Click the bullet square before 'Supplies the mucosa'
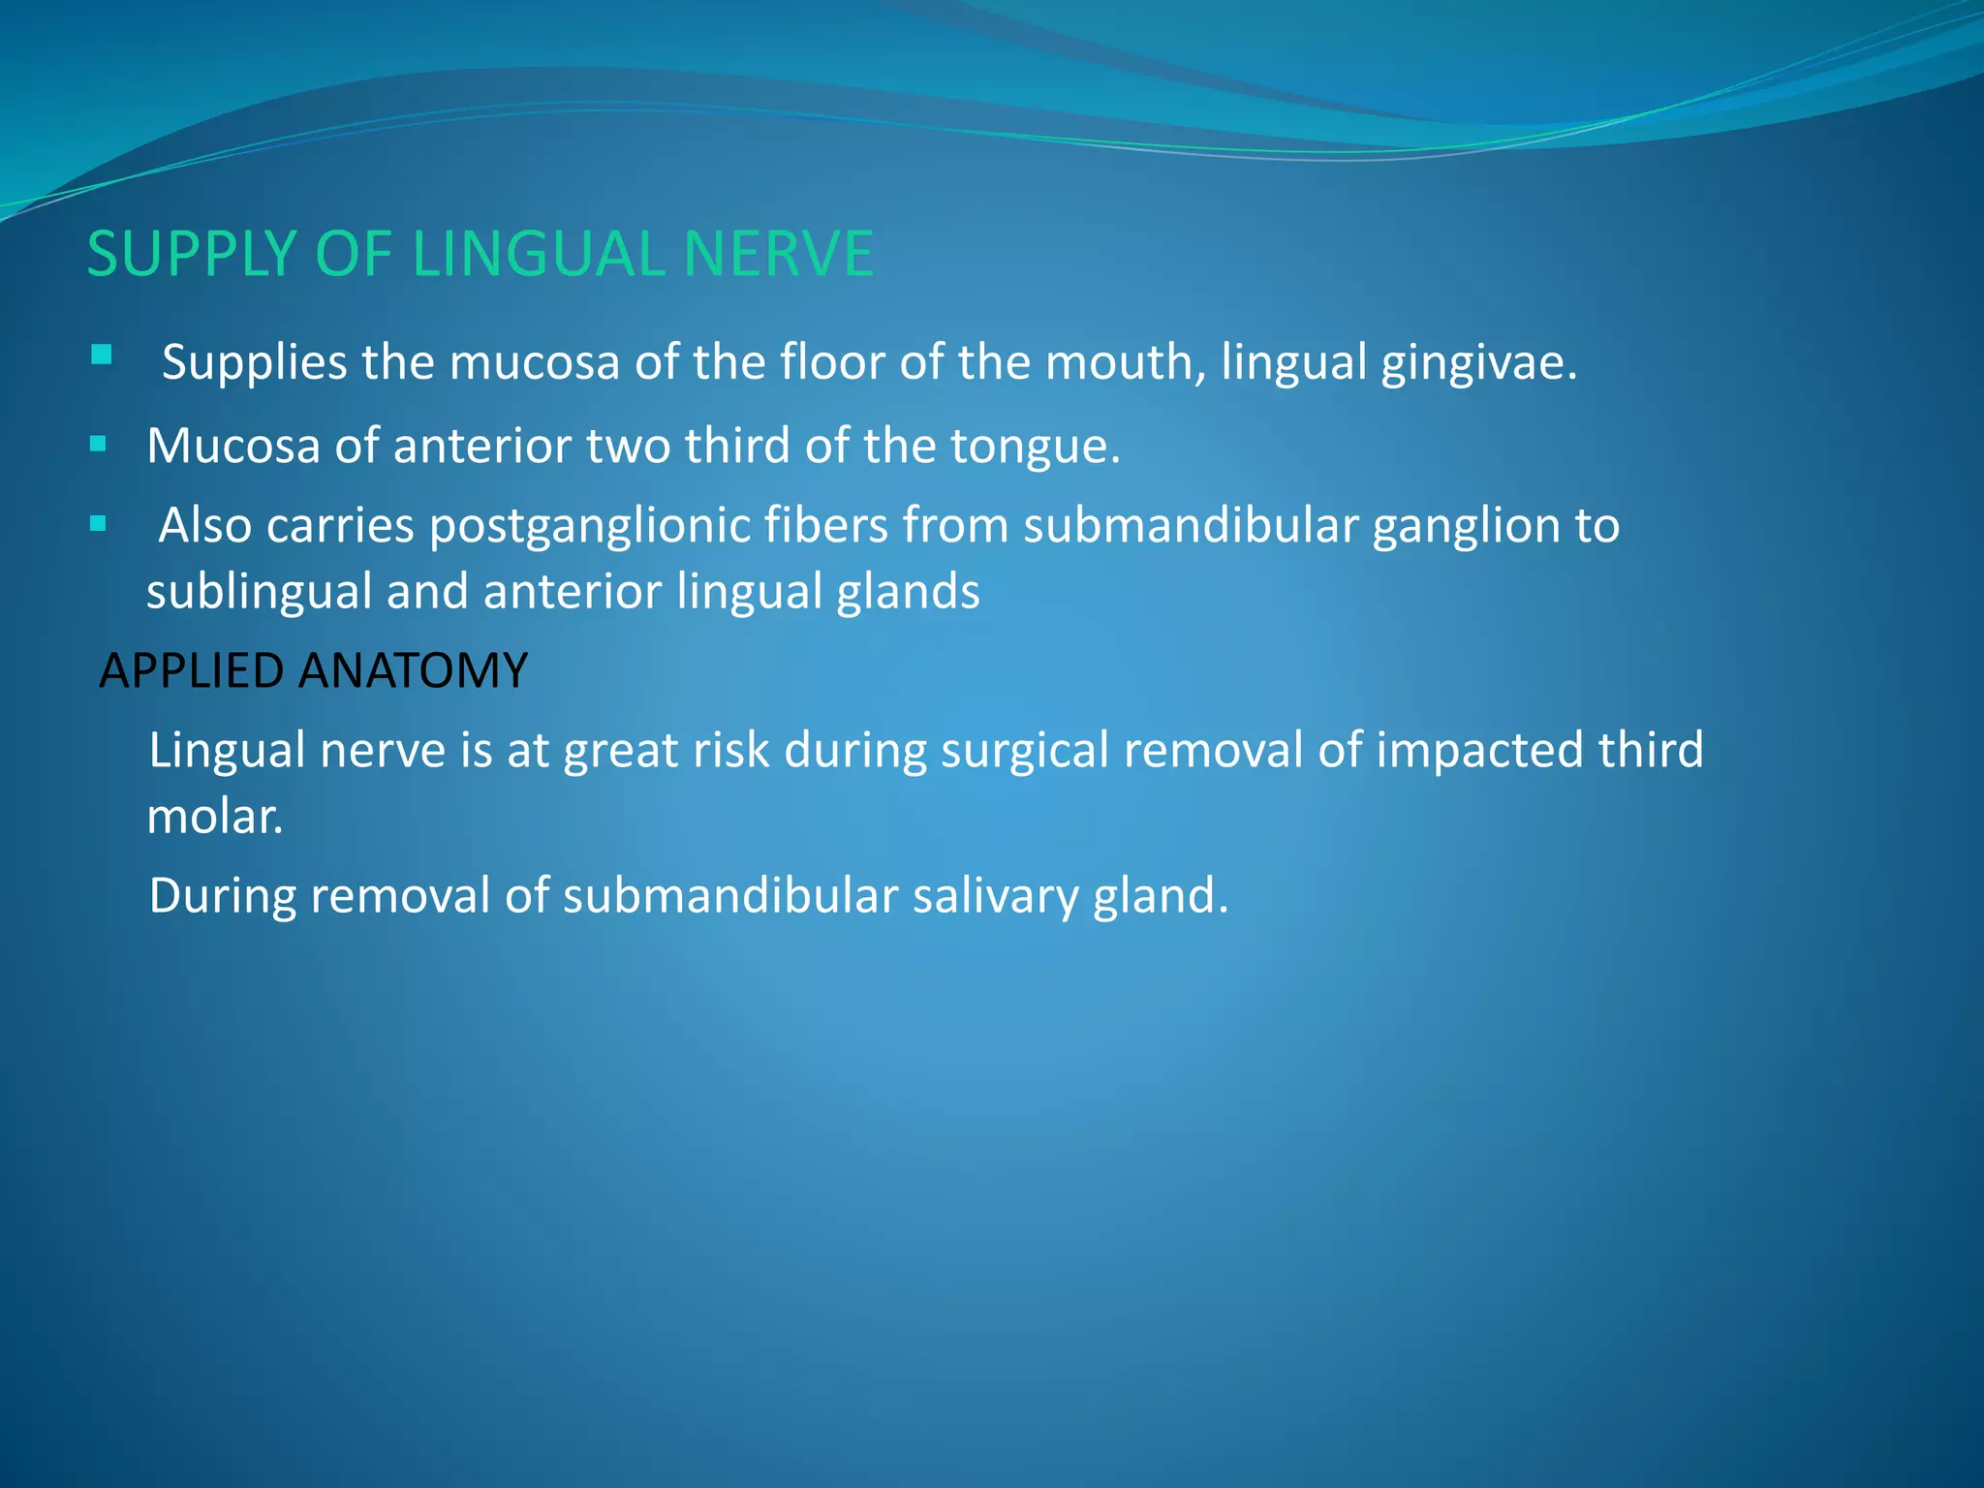point(101,355)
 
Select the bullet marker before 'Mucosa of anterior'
point(98,445)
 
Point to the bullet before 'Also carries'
point(98,525)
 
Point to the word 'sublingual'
point(259,593)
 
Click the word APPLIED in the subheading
point(191,670)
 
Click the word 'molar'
point(213,817)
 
